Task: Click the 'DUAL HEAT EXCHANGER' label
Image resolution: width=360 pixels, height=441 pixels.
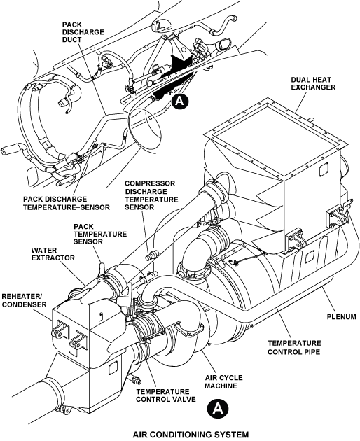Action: (313, 83)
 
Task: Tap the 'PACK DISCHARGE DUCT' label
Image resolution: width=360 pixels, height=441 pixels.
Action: (83, 32)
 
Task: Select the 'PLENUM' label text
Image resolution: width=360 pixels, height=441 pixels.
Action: (341, 317)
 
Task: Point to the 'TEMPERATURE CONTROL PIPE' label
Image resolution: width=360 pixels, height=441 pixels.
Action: (294, 347)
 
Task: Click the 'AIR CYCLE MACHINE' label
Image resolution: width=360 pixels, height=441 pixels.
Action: (223, 381)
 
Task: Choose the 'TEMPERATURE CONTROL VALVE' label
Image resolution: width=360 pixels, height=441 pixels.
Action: (166, 395)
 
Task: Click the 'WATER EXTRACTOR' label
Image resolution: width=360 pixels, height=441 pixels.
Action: (53, 254)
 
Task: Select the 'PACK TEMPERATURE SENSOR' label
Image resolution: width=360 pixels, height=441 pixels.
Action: (100, 234)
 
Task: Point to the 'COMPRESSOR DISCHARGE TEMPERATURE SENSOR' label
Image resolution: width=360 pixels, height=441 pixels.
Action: (151, 195)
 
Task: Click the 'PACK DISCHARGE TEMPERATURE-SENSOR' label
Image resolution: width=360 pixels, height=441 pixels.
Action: (67, 203)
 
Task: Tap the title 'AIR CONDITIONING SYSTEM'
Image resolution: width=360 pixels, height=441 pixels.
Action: (191, 434)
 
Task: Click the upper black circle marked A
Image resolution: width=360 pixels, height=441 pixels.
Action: (180, 101)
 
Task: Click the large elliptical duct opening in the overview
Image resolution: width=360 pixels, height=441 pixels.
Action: (145, 128)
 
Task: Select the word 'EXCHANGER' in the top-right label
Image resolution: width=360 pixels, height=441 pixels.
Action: (313, 87)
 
